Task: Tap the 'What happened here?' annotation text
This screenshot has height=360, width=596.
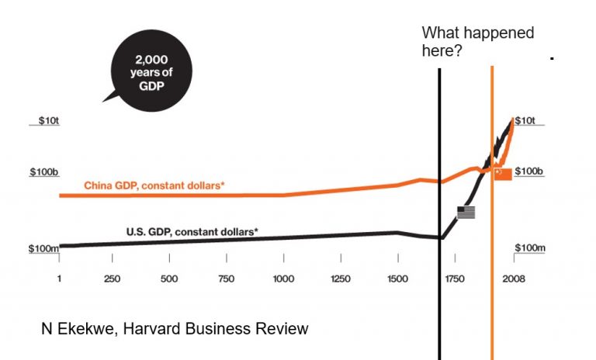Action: [478, 41]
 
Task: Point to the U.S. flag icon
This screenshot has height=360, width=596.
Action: [466, 211]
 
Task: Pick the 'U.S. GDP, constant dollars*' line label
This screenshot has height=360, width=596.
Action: [192, 231]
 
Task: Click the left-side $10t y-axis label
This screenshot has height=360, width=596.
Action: [48, 121]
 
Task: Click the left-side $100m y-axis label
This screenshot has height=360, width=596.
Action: [43, 248]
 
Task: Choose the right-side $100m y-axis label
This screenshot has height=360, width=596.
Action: [530, 248]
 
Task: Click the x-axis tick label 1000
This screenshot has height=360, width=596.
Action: [283, 279]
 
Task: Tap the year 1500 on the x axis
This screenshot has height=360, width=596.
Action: [397, 279]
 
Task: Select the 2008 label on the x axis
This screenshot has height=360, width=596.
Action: [513, 279]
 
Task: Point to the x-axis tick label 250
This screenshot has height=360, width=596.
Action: [112, 279]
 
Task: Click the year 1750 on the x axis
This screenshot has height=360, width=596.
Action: [455, 279]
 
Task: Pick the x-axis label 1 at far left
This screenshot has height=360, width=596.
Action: [59, 279]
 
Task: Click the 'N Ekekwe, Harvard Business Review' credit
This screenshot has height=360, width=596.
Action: [175, 329]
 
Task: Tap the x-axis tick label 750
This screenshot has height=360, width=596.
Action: [227, 279]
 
